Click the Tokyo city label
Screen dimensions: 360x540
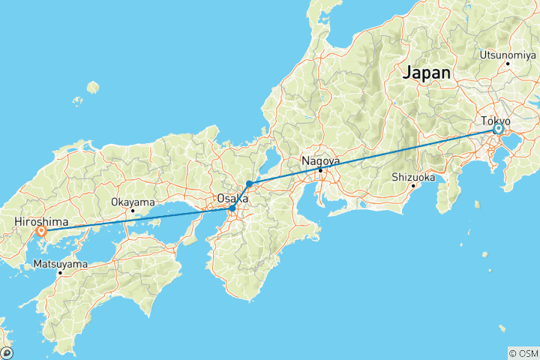click(x=495, y=121)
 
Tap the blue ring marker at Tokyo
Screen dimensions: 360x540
click(x=497, y=130)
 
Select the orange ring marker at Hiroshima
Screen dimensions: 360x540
click(x=40, y=232)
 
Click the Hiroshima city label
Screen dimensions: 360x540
click(x=41, y=222)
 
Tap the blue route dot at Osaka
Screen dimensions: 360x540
click(x=232, y=208)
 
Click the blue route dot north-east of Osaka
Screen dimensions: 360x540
click(x=249, y=184)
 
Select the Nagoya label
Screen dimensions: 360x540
click(x=320, y=160)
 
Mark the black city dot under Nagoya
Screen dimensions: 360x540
click(x=320, y=170)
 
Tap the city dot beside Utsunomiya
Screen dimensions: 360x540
click(x=508, y=64)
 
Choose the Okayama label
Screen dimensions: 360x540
click(x=133, y=202)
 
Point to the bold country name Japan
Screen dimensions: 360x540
click(x=427, y=73)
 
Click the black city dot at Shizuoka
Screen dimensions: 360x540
click(x=413, y=186)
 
